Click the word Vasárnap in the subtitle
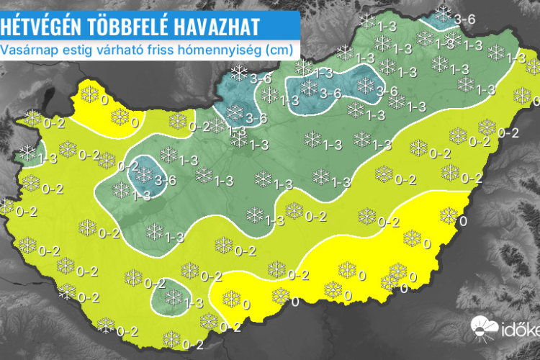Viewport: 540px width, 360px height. point(27,50)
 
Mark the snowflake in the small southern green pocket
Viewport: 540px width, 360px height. point(173,297)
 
